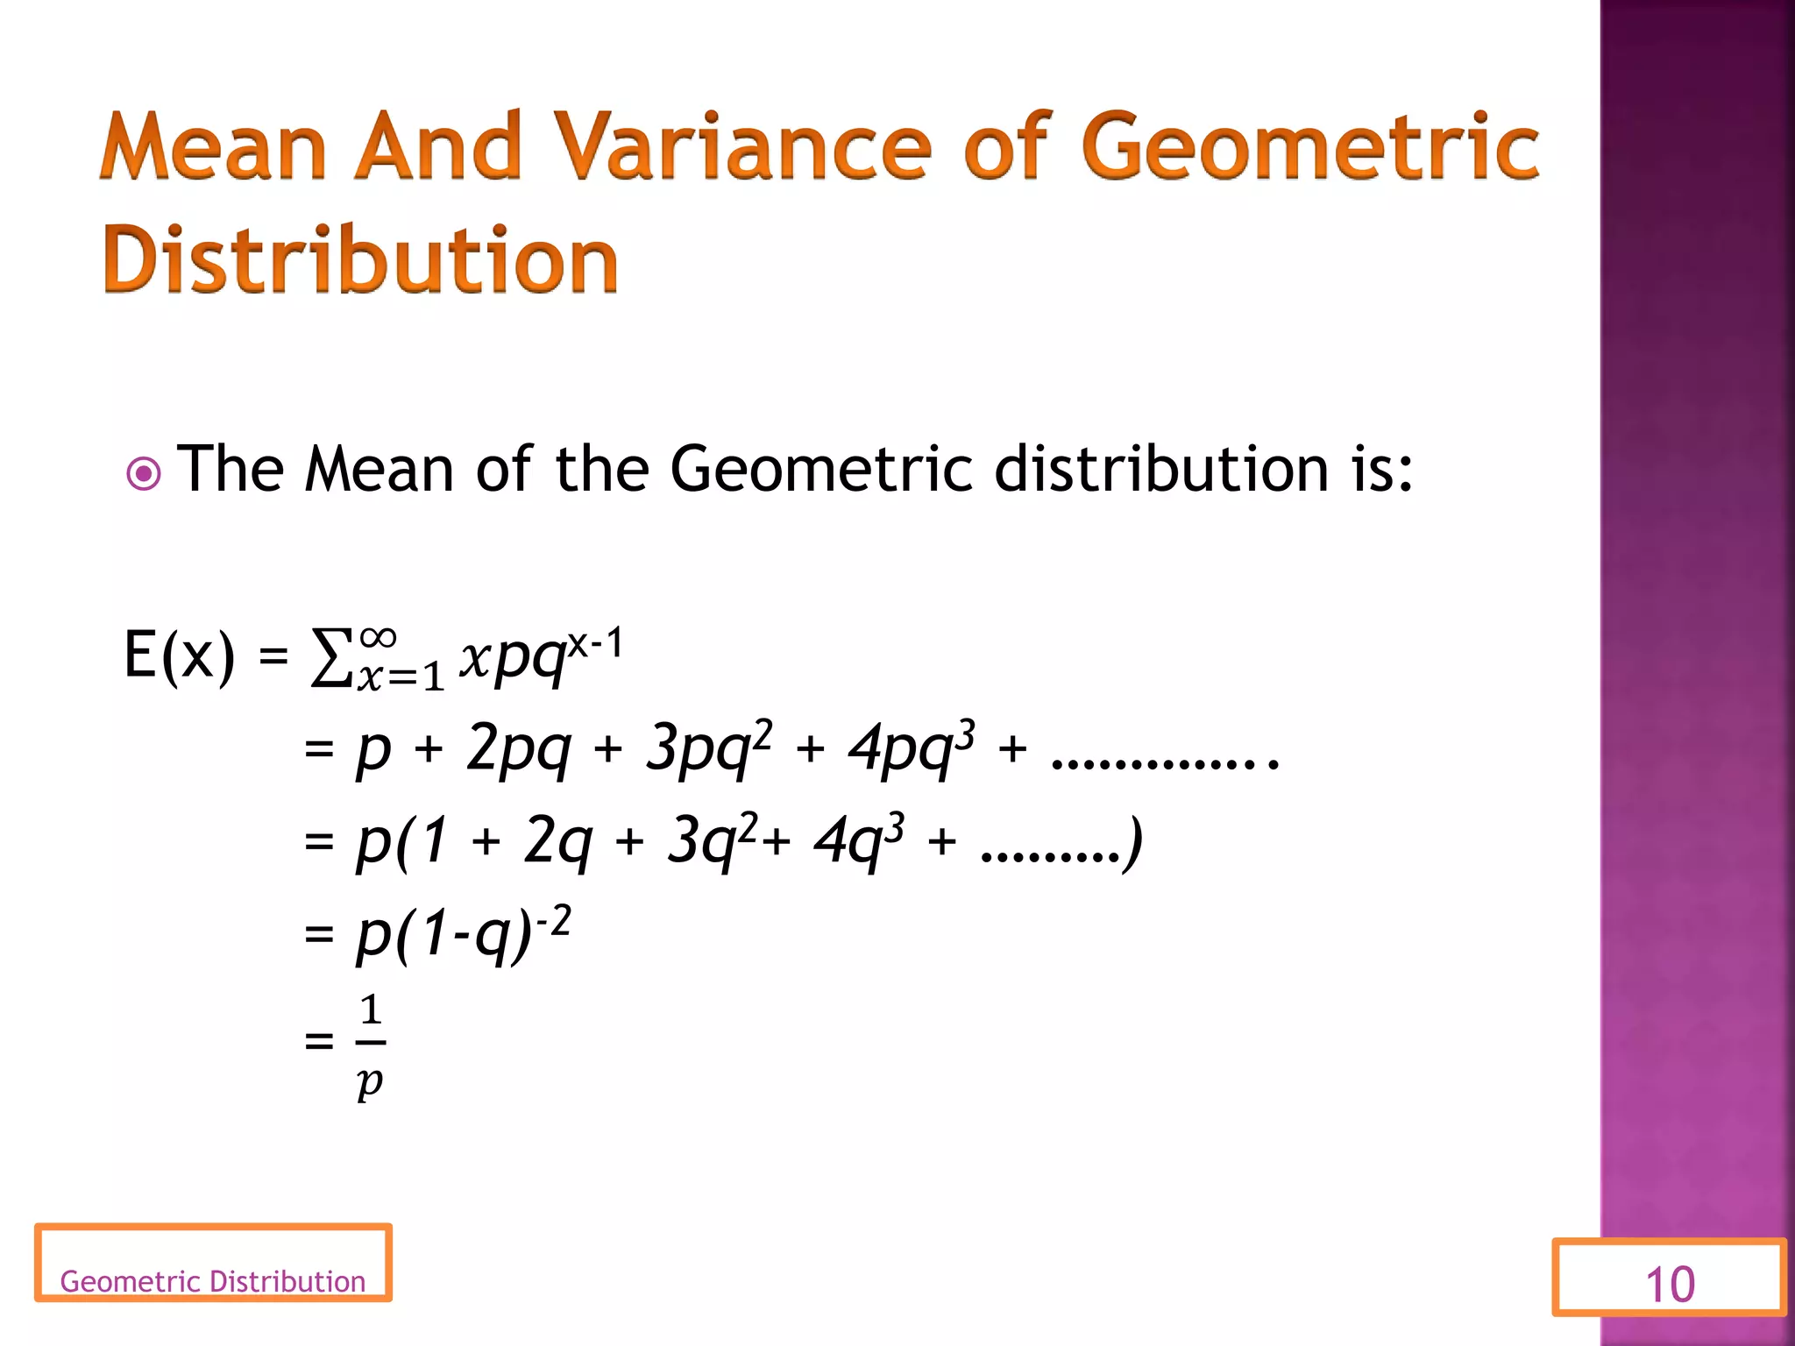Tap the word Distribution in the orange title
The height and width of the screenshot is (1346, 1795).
pos(360,260)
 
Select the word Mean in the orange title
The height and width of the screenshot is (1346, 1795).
pos(214,147)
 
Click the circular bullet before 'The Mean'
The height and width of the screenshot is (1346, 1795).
pos(144,474)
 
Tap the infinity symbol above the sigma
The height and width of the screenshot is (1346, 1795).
pos(378,636)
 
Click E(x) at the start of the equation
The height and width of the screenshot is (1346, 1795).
pos(180,655)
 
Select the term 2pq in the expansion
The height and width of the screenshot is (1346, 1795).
pos(518,748)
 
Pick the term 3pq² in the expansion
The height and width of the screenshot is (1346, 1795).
pos(708,747)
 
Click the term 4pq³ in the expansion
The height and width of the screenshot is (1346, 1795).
pos(911,747)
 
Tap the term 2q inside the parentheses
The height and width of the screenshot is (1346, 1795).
pos(557,840)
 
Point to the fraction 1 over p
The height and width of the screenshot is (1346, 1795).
pos(371,1045)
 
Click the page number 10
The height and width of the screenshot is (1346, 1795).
pos(1670,1285)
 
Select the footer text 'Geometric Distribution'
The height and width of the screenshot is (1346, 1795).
pos(212,1281)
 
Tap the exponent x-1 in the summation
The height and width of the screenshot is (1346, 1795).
pos(595,644)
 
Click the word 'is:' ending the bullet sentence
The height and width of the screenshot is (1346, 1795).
pos(1382,469)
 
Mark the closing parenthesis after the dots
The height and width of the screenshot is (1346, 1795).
pos(1134,842)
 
